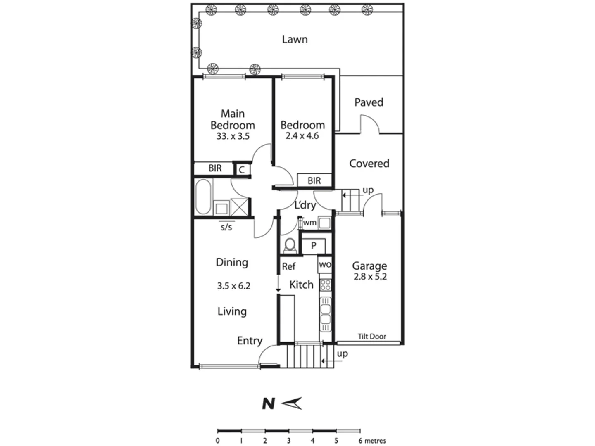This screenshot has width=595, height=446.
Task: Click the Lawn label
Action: click(295, 39)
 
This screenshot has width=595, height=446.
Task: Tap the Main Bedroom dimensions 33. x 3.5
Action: click(233, 136)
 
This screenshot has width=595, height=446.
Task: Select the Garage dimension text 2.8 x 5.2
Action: click(370, 277)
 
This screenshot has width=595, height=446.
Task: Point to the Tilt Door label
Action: click(371, 337)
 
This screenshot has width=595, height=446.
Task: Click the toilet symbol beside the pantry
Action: click(290, 245)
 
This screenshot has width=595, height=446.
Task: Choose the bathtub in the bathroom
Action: click(203, 197)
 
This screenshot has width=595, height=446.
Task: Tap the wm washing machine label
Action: click(309, 223)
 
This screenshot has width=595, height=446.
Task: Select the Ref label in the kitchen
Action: click(288, 266)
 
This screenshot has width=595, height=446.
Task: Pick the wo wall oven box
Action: click(325, 265)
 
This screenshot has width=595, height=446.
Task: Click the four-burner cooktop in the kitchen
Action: click(325, 285)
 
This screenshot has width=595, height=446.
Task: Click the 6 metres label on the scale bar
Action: click(372, 441)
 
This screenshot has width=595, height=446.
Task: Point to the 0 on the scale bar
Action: click(218, 441)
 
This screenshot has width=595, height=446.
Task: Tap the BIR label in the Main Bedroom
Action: click(215, 168)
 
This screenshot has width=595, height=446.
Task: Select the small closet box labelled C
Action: click(242, 169)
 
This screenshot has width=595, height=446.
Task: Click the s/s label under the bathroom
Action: click(226, 227)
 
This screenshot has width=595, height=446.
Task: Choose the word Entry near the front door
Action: click(250, 341)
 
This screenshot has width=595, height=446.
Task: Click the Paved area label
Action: click(369, 102)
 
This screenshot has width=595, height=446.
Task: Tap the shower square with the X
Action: click(240, 206)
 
